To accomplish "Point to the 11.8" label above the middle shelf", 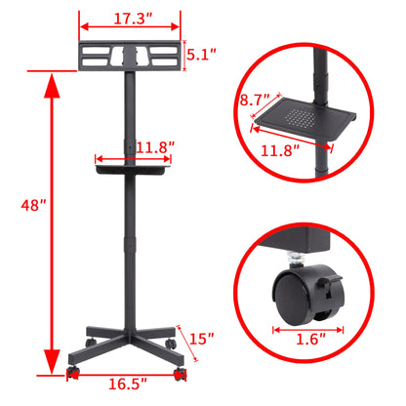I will point(154,147).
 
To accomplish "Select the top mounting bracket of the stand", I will point(129,55).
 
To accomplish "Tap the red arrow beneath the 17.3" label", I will point(129,29).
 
